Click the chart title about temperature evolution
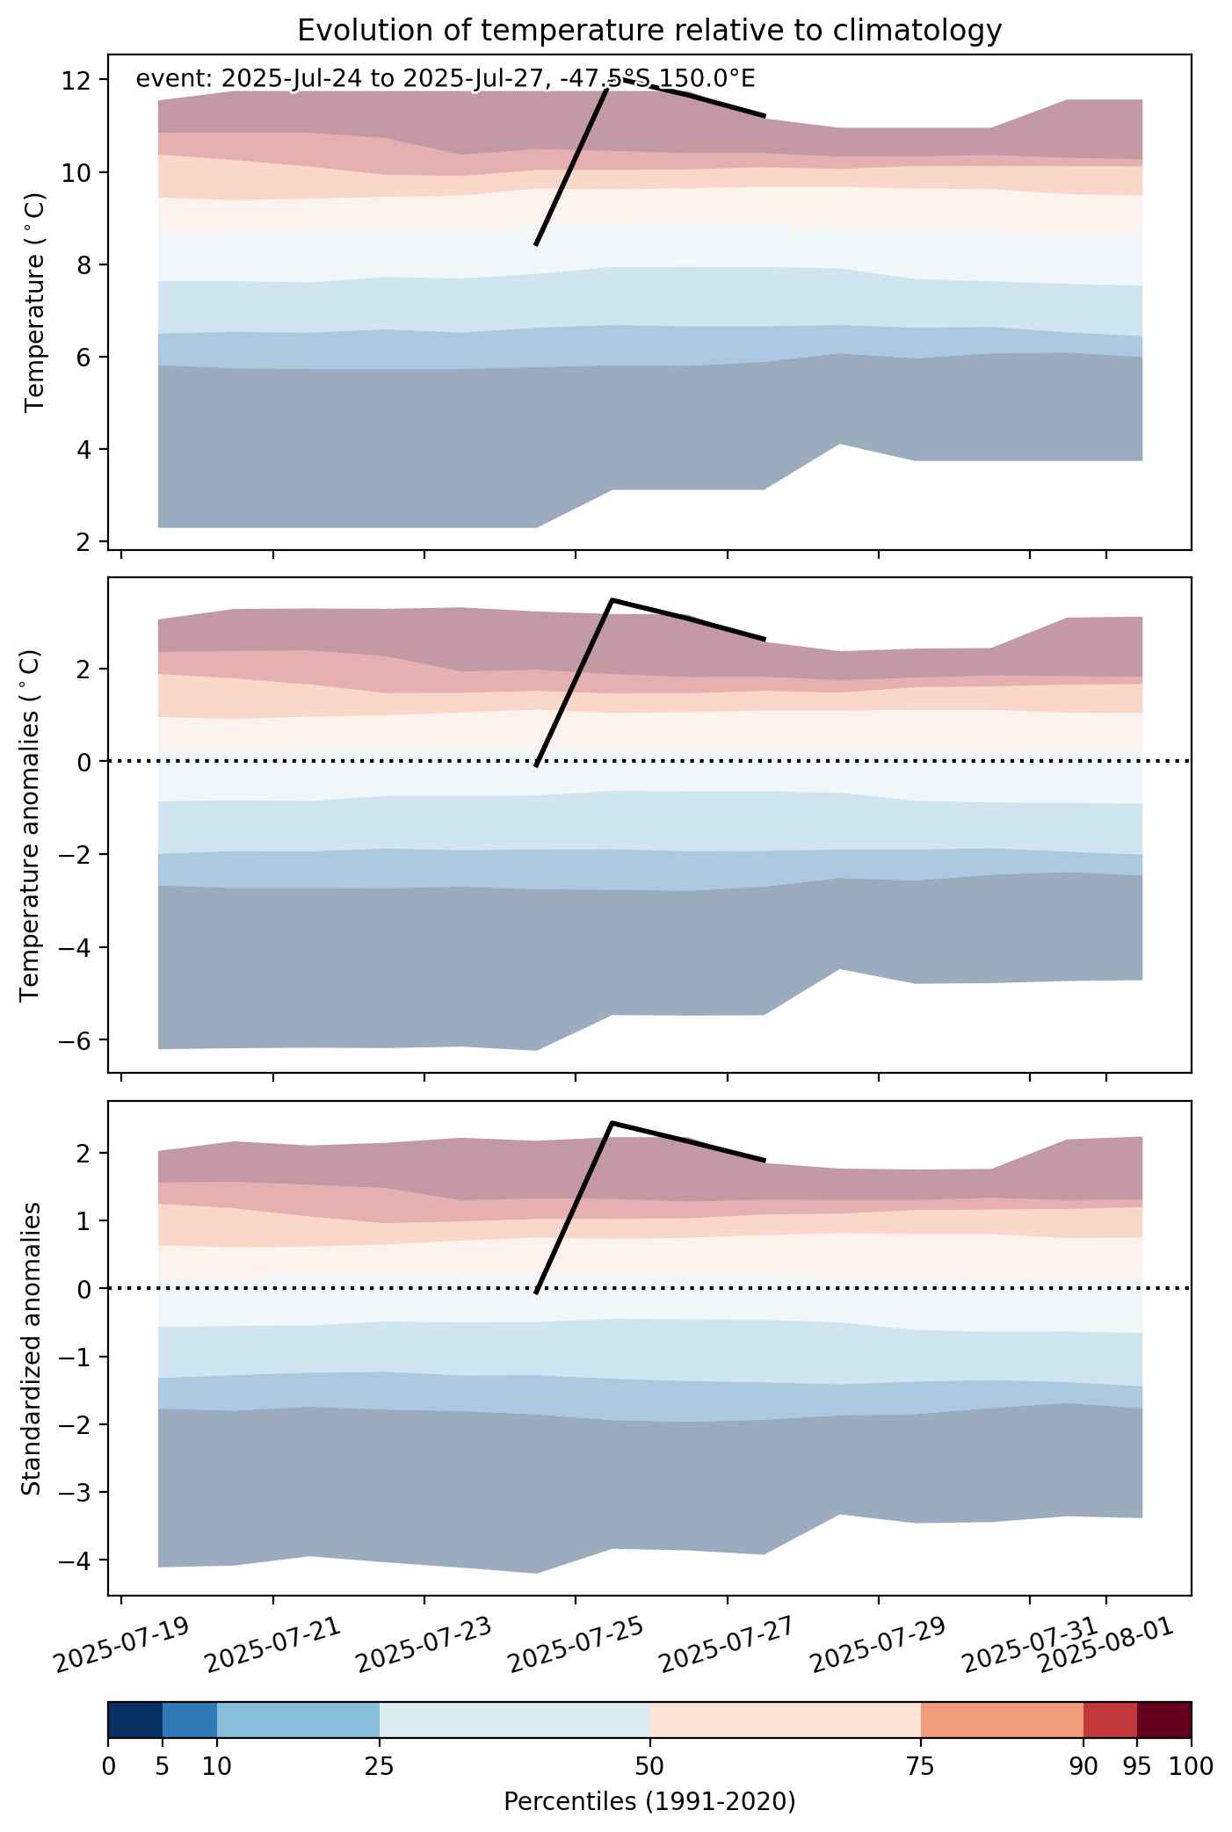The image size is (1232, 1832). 649,31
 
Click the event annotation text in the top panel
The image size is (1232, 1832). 446,79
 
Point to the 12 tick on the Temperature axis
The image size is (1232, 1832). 78,80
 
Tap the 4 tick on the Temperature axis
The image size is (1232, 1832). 85,450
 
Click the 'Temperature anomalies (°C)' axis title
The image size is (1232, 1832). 30,825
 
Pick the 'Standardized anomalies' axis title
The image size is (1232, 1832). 30,1348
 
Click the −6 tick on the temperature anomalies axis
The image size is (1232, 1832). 77,1040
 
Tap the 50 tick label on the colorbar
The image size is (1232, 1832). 650,1766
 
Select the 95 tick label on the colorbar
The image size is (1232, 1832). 1137,1766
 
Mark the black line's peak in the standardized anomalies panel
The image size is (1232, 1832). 612,1123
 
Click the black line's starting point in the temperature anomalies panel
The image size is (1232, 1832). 536,765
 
